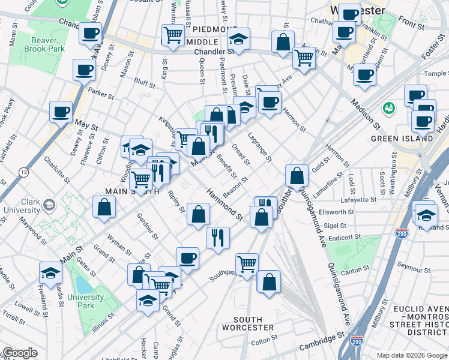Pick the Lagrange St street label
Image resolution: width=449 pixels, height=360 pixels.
point(259,147)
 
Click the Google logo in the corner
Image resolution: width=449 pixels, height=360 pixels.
point(20,353)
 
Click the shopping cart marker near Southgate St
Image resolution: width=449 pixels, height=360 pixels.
point(247,263)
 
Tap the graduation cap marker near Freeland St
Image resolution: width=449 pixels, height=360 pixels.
point(50,273)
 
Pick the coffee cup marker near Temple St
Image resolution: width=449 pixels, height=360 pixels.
point(364,75)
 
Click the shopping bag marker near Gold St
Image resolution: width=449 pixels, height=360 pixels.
point(297,175)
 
